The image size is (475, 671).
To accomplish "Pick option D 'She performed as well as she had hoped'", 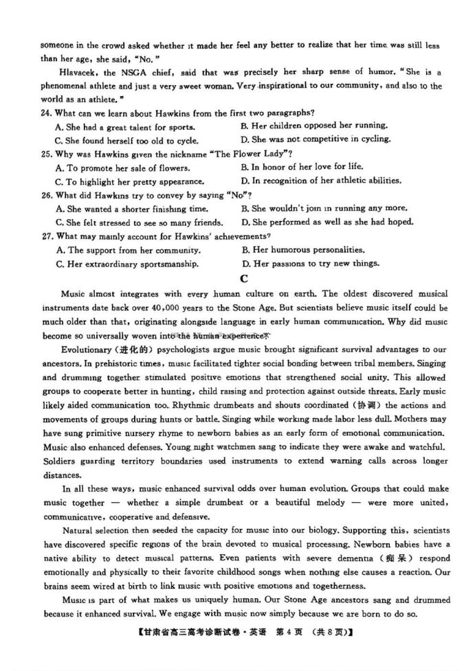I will click(x=327, y=223).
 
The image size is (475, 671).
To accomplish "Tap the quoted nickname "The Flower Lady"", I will click(x=254, y=154).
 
